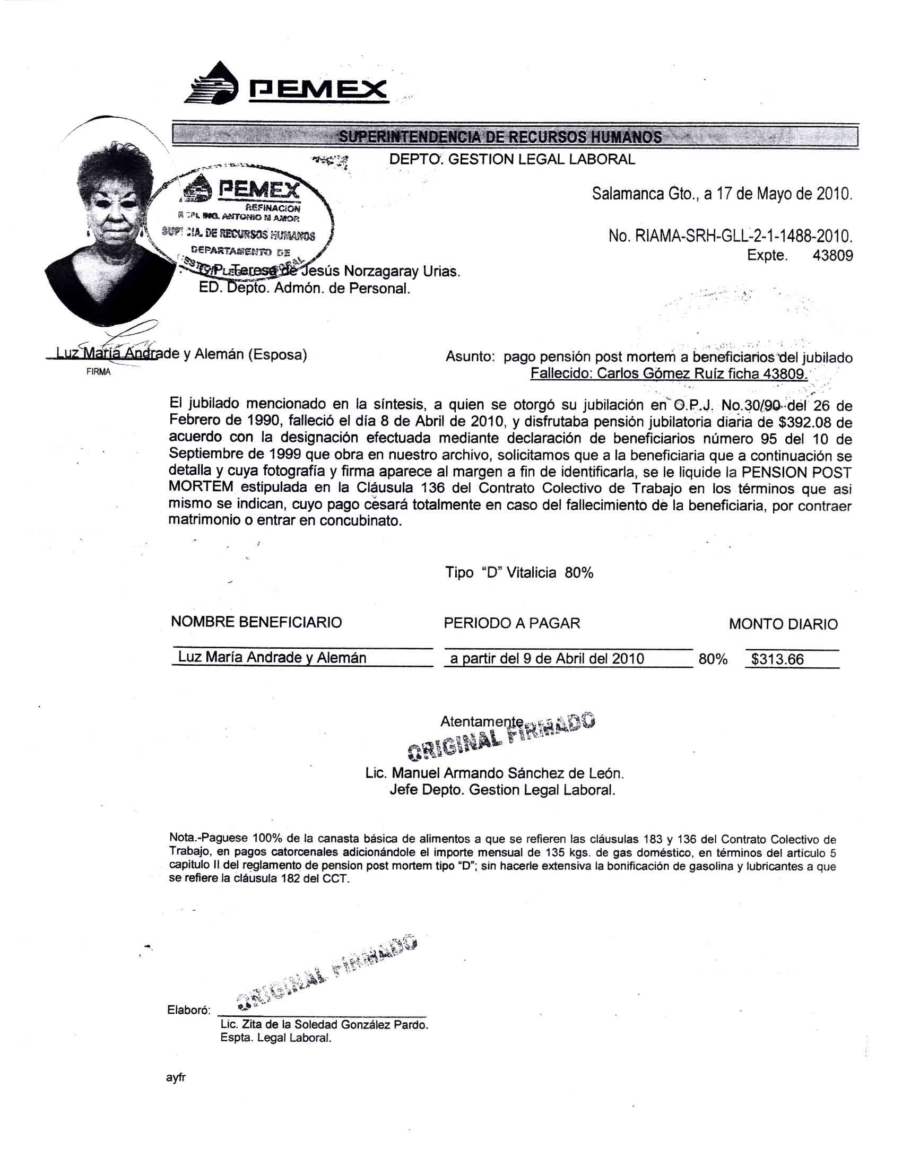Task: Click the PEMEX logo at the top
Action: (286, 84)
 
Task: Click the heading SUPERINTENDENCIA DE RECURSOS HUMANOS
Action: (500, 137)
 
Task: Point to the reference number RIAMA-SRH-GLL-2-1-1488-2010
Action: (743, 236)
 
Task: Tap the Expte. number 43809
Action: (832, 256)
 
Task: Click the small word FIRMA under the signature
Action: (98, 372)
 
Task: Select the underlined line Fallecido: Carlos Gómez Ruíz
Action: (669, 373)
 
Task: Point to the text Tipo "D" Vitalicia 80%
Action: (519, 573)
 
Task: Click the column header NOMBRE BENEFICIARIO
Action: (256, 622)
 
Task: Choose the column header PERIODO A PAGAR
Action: (512, 623)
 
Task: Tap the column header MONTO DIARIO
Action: (783, 624)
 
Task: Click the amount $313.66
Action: (777, 659)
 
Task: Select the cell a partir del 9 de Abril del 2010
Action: (547, 658)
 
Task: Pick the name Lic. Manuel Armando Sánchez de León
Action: (495, 773)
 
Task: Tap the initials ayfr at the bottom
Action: (176, 1078)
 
